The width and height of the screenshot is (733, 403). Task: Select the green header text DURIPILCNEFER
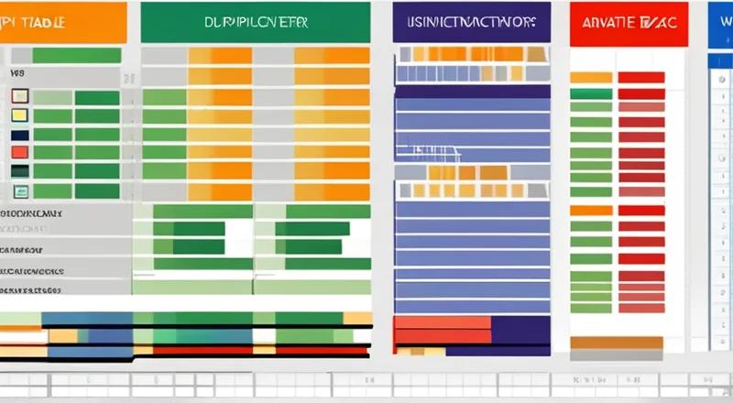pyautogui.click(x=255, y=23)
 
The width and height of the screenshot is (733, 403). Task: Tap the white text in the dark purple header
pyautogui.click(x=471, y=22)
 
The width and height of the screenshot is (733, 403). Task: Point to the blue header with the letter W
pyautogui.click(x=724, y=22)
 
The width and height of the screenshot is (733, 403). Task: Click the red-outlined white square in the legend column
pyautogui.click(x=19, y=96)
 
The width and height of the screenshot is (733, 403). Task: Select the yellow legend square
pyautogui.click(x=19, y=114)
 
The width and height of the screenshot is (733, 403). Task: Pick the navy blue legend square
pyautogui.click(x=19, y=134)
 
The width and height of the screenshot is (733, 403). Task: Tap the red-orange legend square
pyautogui.click(x=19, y=152)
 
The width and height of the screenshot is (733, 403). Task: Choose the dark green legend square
pyautogui.click(x=19, y=171)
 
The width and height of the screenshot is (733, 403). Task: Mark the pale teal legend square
pyautogui.click(x=19, y=191)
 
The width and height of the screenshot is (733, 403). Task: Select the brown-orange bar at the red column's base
pyautogui.click(x=616, y=343)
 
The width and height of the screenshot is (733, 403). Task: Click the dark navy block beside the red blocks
pyautogui.click(x=520, y=329)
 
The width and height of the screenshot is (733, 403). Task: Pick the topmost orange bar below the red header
pyautogui.click(x=591, y=78)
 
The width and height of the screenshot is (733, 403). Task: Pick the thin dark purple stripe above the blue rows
pyautogui.click(x=472, y=90)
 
